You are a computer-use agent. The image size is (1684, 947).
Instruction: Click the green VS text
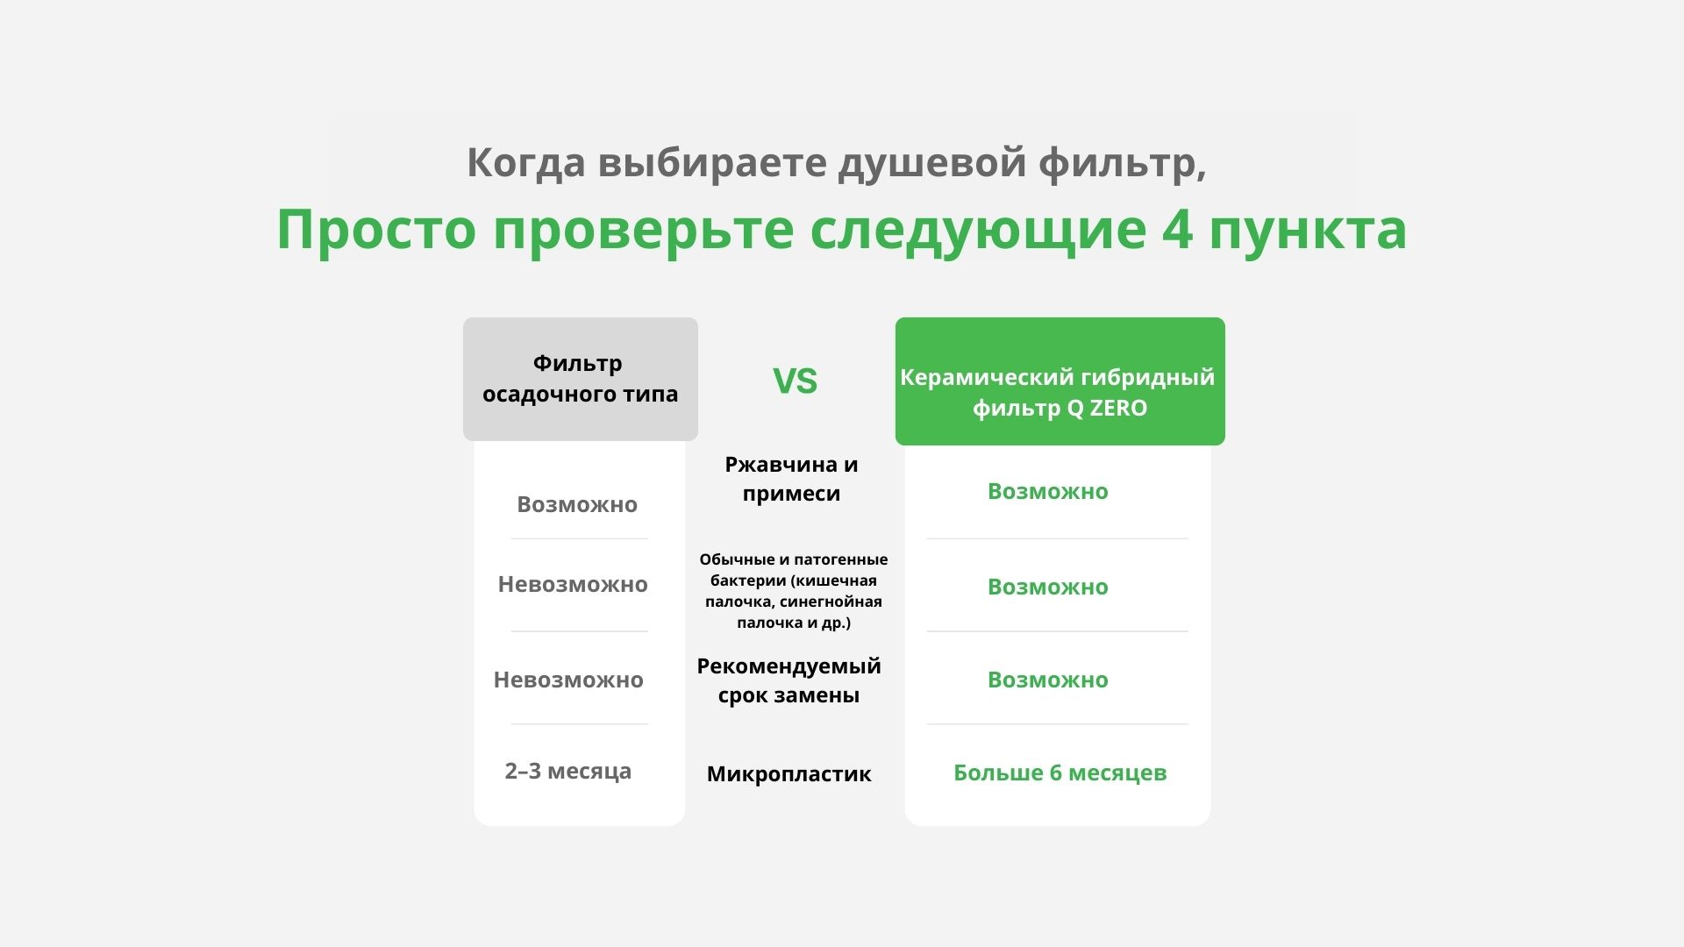click(795, 381)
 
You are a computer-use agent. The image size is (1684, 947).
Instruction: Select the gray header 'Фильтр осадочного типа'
click(581, 379)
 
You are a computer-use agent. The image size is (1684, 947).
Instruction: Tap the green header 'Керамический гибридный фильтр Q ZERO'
click(1060, 381)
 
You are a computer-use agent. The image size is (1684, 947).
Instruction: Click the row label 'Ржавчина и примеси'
click(791, 479)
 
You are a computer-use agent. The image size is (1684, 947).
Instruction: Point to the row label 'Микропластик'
click(788, 774)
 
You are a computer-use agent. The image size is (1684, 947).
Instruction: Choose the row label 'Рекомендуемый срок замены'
click(788, 680)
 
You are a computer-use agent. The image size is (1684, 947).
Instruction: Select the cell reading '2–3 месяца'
click(567, 771)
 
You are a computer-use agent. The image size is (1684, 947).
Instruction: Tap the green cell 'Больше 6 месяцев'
click(1060, 773)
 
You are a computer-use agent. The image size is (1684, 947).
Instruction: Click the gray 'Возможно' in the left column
click(577, 504)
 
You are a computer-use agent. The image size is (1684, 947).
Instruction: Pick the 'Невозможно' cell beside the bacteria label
click(573, 584)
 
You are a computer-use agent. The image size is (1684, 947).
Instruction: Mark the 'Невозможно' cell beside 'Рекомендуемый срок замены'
click(568, 680)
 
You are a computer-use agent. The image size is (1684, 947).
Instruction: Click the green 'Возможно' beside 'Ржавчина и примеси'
click(1047, 491)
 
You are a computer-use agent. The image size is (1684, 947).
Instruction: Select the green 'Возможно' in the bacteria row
click(1047, 587)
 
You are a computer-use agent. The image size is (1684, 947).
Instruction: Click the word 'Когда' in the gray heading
click(525, 163)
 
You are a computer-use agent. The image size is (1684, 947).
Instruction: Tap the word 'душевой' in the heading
click(931, 163)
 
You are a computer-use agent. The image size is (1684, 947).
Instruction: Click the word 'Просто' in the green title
click(376, 229)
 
